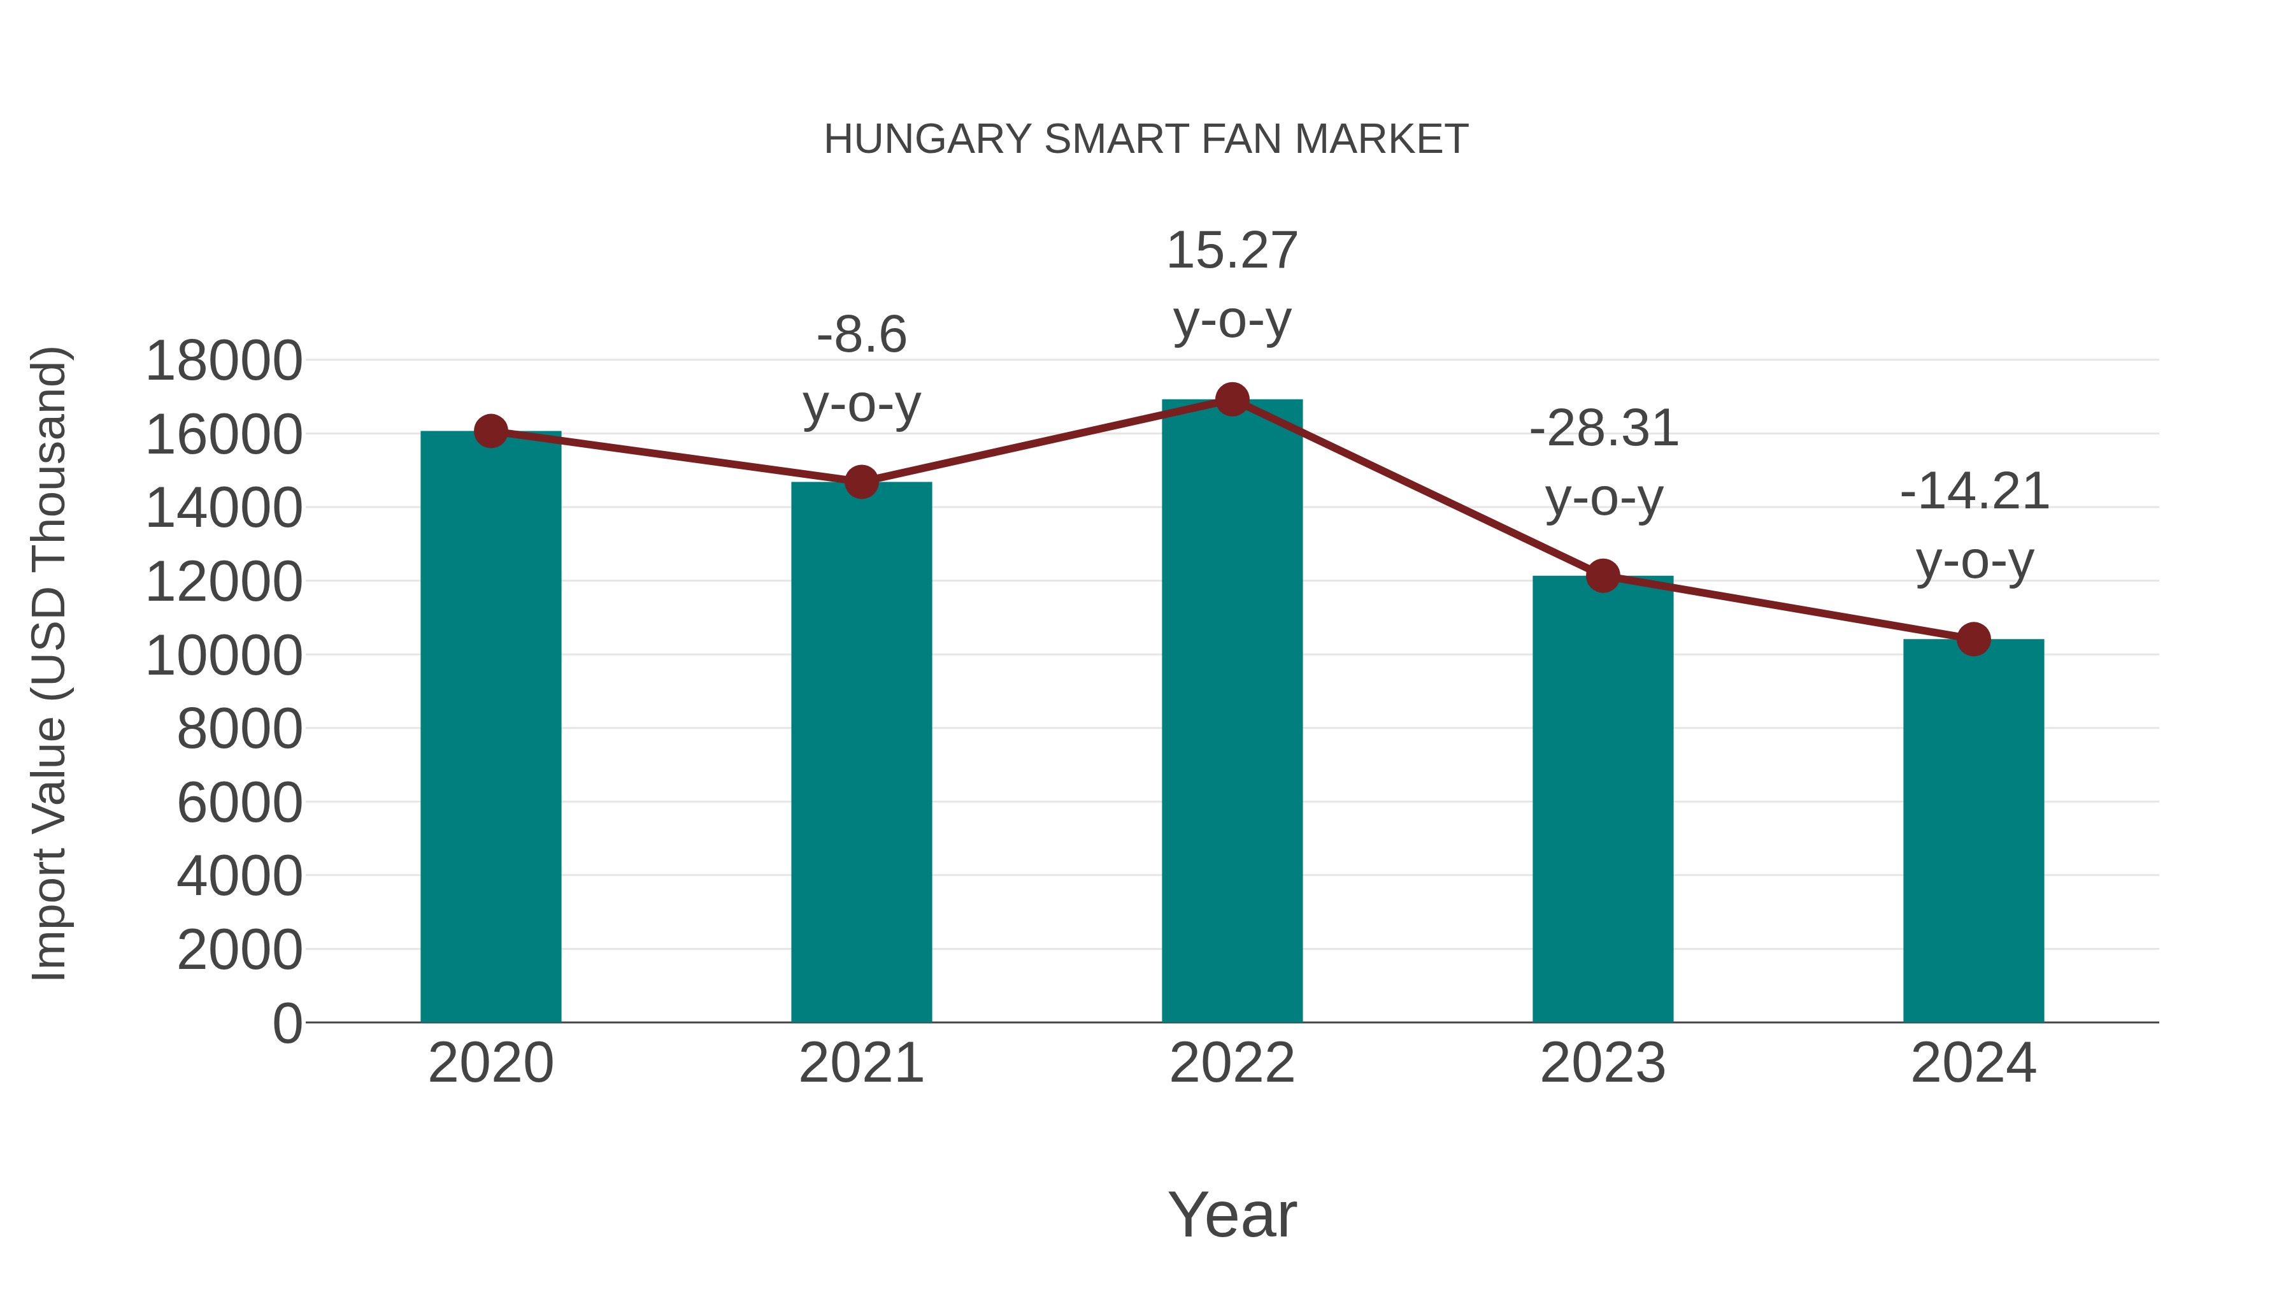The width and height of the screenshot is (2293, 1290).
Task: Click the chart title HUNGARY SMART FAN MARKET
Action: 1146,140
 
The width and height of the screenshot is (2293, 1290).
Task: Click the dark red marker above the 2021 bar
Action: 861,482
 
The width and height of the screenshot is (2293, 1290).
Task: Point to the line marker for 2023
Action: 1603,576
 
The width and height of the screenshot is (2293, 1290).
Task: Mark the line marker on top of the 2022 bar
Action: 1232,399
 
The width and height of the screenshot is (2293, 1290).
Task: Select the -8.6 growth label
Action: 861,369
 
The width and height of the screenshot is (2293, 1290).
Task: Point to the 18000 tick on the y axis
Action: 224,361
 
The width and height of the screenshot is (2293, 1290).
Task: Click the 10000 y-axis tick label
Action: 224,656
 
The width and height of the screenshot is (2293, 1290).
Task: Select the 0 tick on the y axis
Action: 287,1023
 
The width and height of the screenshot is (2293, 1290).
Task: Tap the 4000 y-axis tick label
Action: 239,876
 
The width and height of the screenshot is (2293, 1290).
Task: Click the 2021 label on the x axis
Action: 861,1063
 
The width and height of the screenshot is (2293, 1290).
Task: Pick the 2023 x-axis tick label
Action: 1603,1063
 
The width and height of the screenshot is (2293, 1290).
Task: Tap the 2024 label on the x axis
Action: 1973,1063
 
